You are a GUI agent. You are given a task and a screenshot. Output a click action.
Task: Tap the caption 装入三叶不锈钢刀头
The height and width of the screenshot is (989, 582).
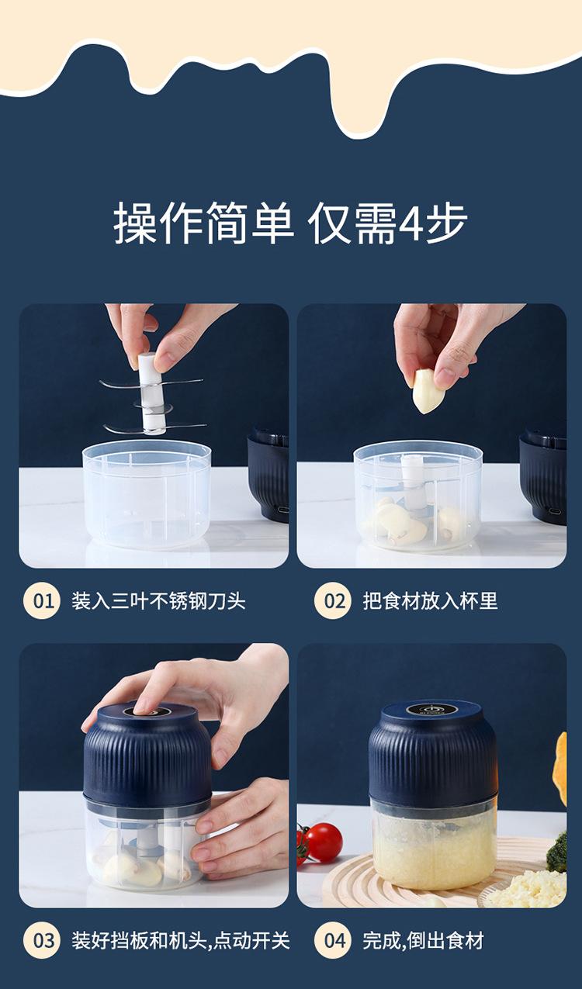pyautogui.click(x=158, y=601)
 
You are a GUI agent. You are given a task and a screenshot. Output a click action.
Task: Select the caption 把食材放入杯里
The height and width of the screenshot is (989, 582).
pyautogui.click(x=430, y=601)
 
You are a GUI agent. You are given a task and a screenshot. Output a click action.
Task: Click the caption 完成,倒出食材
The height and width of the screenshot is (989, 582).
pyautogui.click(x=423, y=941)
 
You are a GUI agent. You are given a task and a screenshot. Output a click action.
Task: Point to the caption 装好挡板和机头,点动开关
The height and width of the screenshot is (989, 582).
pyautogui.click(x=181, y=941)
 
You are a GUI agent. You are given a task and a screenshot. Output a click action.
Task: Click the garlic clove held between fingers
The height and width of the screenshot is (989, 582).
pyautogui.click(x=428, y=391)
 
